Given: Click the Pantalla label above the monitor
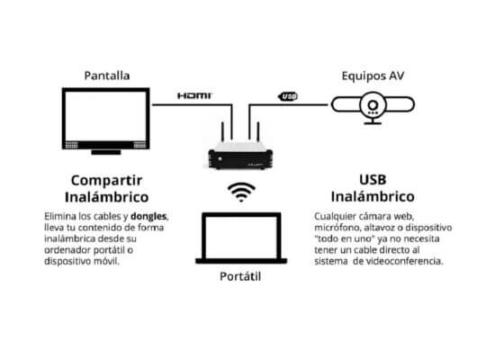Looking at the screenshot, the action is tap(107, 76).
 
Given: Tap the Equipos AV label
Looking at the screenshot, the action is tap(373, 76).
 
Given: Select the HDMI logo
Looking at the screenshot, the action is tap(194, 95).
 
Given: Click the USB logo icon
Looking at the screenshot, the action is tap(288, 96).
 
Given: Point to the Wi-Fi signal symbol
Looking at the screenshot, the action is tap(241, 192).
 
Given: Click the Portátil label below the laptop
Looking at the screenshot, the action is tap(240, 276).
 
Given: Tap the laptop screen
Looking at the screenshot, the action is tap(241, 237).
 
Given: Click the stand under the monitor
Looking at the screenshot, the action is tap(106, 152).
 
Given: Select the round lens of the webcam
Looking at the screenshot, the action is tap(373, 105).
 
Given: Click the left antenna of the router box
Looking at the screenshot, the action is tap(222, 131).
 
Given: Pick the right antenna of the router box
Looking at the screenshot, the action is tap(258, 131).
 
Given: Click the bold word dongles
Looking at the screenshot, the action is tap(148, 216).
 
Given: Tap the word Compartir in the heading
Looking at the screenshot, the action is tap(107, 181).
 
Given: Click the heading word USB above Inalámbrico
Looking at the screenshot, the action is tap(373, 180).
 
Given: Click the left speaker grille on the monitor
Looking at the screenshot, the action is tap(71, 145).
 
